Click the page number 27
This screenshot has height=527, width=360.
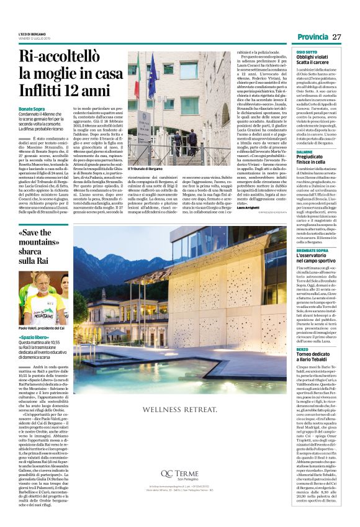[337, 37]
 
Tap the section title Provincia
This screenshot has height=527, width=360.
[312, 37]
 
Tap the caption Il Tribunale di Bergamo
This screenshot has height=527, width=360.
[145, 169]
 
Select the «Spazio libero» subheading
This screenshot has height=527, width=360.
[34, 337]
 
